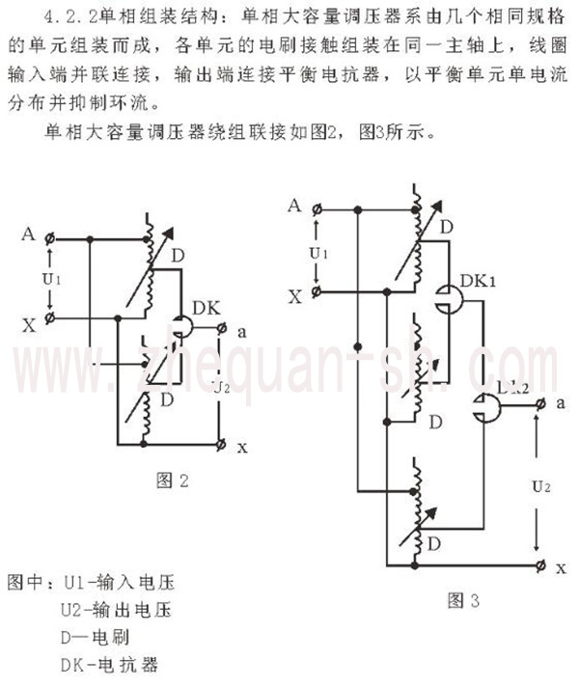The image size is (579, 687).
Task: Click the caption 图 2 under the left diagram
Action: [171, 479]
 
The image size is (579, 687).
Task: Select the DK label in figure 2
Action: [207, 307]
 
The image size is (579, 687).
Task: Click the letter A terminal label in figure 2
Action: [28, 234]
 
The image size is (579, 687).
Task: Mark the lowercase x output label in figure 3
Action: [561, 567]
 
